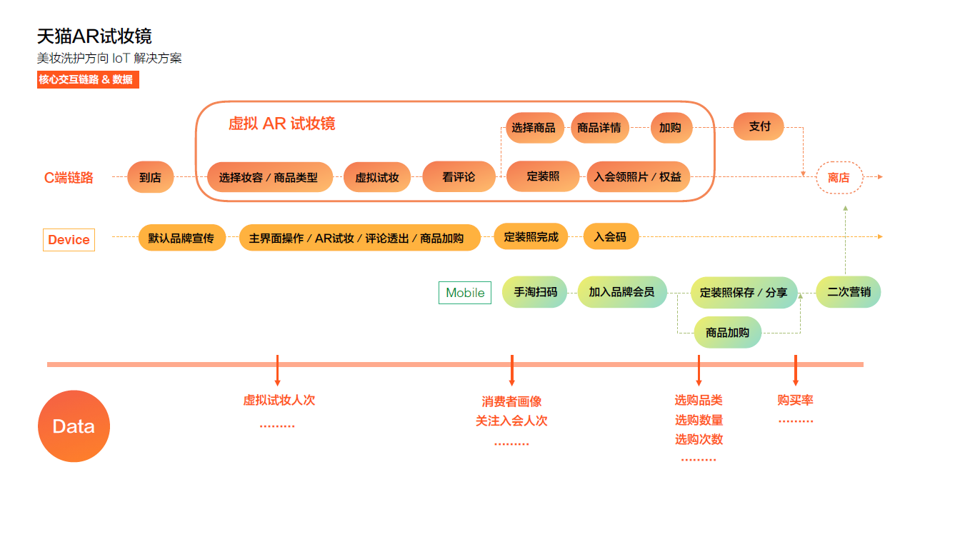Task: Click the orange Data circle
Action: click(74, 426)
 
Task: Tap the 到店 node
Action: click(150, 177)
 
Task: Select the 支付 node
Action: click(759, 126)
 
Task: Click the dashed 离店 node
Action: click(839, 178)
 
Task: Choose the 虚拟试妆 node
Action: click(377, 178)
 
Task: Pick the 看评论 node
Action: click(459, 176)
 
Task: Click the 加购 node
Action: click(670, 128)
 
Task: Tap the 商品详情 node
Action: click(599, 128)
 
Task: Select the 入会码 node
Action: click(610, 236)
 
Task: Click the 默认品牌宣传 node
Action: click(181, 238)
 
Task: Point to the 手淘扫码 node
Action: click(535, 292)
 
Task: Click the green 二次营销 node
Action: click(849, 292)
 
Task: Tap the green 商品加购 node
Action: click(727, 333)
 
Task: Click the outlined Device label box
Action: click(69, 240)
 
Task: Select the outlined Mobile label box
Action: click(465, 293)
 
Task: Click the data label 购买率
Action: click(795, 401)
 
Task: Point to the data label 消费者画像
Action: click(511, 402)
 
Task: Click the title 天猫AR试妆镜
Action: click(94, 36)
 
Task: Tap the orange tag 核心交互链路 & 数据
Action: click(87, 79)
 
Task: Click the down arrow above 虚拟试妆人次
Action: click(277, 371)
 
